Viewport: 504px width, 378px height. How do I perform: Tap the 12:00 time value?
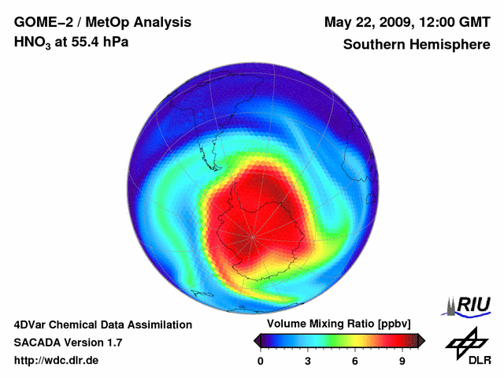(x=436, y=20)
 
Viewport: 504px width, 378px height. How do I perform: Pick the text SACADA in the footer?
(x=37, y=343)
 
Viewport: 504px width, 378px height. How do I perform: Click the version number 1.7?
(x=113, y=343)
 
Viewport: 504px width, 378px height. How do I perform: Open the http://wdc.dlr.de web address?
(x=56, y=361)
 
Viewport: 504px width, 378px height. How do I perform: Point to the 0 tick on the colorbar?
(x=261, y=361)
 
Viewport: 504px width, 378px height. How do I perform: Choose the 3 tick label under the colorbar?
(x=308, y=361)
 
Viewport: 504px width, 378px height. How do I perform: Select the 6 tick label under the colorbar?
(x=355, y=361)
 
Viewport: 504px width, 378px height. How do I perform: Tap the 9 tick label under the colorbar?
(x=402, y=361)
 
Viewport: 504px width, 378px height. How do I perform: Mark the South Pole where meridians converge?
(x=254, y=236)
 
